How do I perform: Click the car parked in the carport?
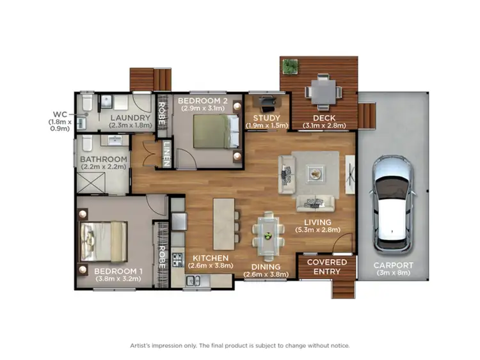(x=393, y=203)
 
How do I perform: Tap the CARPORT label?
(x=394, y=265)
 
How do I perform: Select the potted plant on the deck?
(x=291, y=66)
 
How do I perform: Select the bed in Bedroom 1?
(x=103, y=241)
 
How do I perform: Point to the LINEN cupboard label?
(x=166, y=153)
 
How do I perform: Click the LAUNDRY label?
(x=129, y=118)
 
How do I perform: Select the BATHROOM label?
(x=104, y=159)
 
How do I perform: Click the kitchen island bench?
(x=224, y=223)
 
